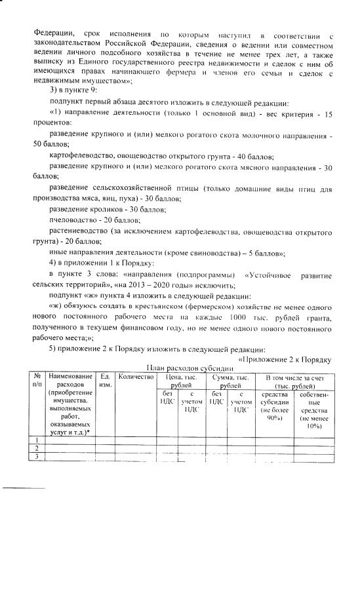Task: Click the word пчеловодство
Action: click(71, 220)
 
